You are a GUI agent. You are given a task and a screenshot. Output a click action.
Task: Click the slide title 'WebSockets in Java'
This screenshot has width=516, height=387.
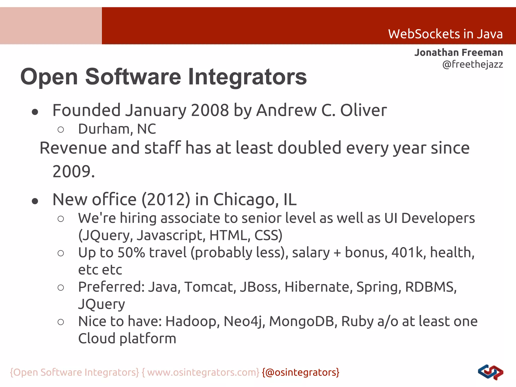[445, 34]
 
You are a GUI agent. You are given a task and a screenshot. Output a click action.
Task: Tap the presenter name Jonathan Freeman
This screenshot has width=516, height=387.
[459, 52]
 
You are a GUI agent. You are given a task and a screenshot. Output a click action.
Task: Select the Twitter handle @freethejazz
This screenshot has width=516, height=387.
[473, 64]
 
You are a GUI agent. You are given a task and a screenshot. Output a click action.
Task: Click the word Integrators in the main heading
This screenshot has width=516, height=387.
[247, 77]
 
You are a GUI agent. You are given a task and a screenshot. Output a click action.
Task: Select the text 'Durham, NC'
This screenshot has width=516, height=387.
[117, 129]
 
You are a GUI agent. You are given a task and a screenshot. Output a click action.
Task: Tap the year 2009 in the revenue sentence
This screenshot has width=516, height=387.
[72, 171]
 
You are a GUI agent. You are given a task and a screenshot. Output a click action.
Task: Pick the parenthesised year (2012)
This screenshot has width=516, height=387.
[166, 200]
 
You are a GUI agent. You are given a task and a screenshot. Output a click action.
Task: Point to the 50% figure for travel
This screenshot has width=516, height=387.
[131, 252]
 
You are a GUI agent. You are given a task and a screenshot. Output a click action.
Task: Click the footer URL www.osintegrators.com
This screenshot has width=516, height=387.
[203, 372]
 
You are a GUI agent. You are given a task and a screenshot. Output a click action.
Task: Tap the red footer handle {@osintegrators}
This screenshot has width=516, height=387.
[301, 372]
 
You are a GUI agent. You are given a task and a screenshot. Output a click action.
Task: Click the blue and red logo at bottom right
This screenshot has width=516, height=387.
[490, 372]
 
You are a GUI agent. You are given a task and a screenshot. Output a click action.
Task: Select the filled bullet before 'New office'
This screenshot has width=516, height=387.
[35, 201]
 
